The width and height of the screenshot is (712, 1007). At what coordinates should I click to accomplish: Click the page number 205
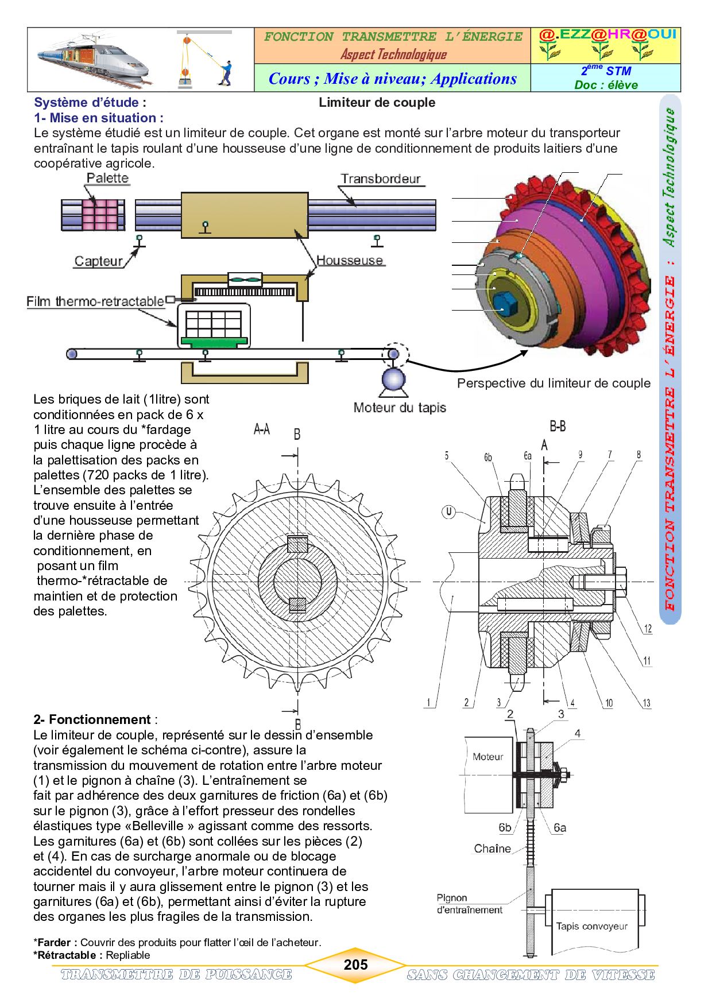pos(355,965)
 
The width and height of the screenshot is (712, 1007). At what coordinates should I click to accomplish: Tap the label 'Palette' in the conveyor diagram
pos(107,178)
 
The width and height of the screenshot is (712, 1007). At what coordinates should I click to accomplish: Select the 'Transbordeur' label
pos(381,179)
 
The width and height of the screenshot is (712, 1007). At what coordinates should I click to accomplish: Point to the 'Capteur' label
pos(98,261)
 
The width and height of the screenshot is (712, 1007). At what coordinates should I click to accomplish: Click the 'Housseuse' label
pos(350,260)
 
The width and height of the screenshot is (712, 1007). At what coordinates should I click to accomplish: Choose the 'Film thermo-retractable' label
pos(95,301)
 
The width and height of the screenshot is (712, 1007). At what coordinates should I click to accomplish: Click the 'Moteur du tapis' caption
pos(400,408)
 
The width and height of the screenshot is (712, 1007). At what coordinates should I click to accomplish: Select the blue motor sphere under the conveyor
pos(393,379)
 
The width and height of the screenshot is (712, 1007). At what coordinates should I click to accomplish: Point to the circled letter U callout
pos(448,511)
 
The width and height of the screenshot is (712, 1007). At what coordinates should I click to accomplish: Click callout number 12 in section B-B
pos(648,629)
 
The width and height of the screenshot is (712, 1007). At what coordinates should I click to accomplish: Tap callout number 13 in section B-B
pos(647,703)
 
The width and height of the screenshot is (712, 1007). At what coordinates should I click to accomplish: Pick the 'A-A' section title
pos(262,429)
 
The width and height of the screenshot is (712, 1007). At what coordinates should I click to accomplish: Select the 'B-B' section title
pos(558,426)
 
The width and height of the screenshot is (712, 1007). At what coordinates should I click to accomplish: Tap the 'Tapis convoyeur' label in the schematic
pos(591,925)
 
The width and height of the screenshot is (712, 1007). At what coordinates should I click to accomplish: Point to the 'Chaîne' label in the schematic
pos(492,849)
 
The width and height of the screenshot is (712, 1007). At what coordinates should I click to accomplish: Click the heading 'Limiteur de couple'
pos(377,103)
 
